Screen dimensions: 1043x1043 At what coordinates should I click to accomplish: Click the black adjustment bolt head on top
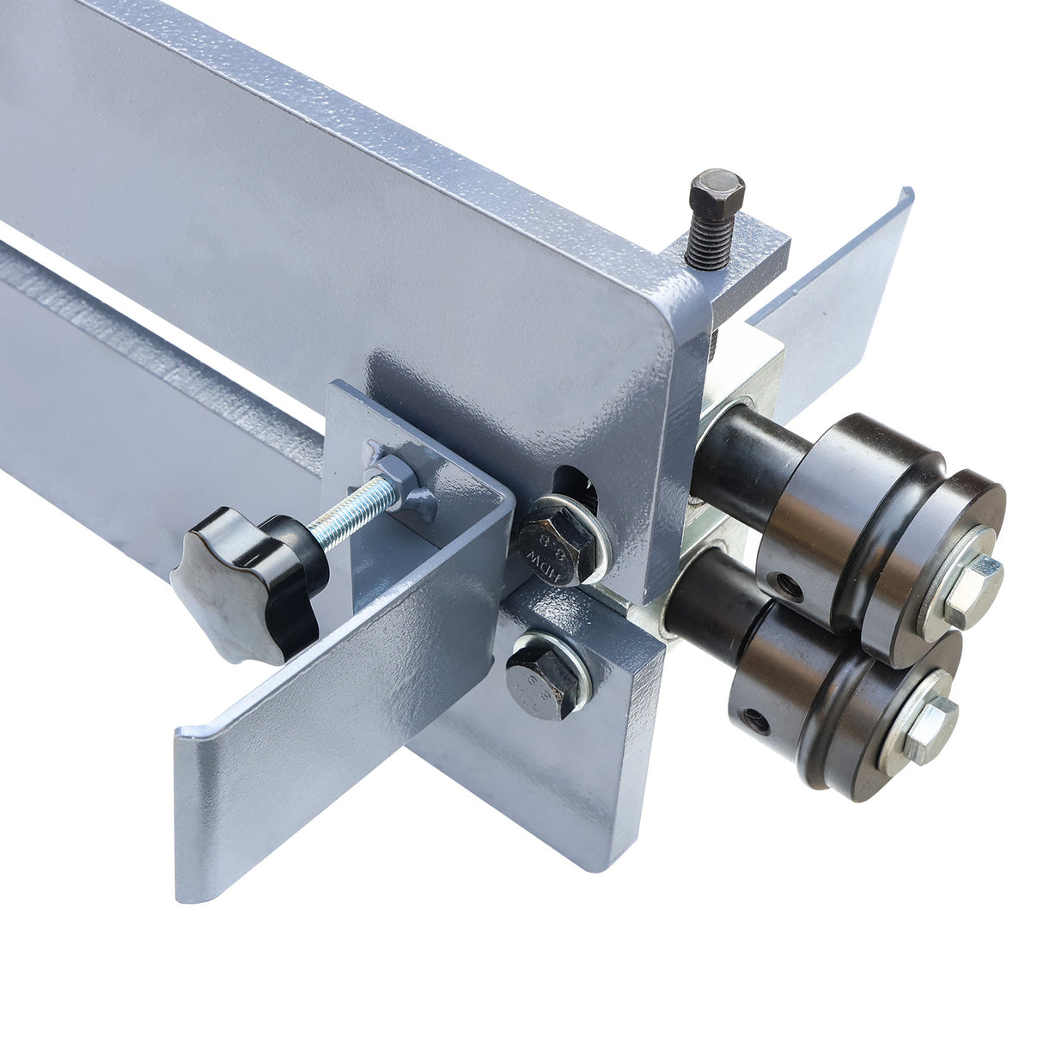(x=716, y=192)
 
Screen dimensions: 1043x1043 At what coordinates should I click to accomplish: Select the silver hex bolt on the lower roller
(x=930, y=729)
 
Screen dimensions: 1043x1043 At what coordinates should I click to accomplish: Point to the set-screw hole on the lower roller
(x=757, y=720)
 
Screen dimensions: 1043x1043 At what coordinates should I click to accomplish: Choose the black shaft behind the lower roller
(x=704, y=606)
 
